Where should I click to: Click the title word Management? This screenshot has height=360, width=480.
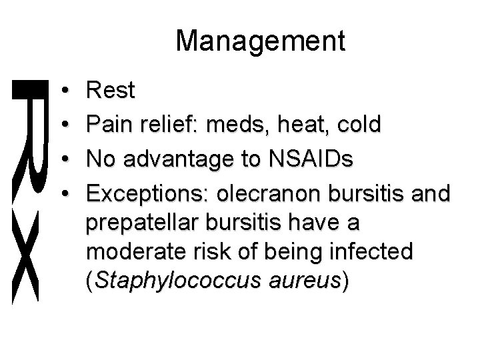(261, 41)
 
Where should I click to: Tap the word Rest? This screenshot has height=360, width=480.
(110, 91)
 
